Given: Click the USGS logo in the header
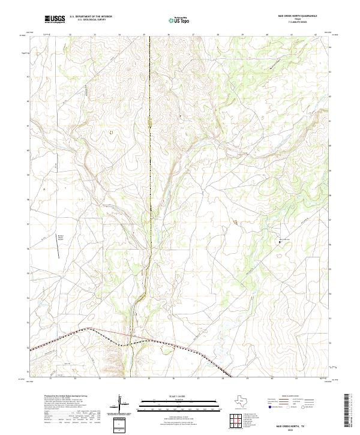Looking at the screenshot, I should pyautogui.click(x=56, y=19).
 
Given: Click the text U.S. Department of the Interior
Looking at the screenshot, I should pyautogui.click(x=91, y=16).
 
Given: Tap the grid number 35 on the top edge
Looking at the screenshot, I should pyautogui.click(x=145, y=35).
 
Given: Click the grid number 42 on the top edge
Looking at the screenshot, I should pyautogui.click(x=316, y=35).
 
